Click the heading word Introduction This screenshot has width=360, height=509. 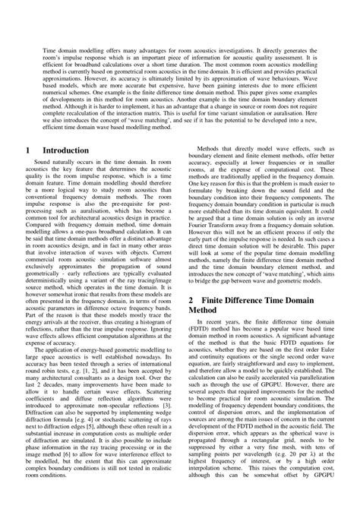click(67, 151)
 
